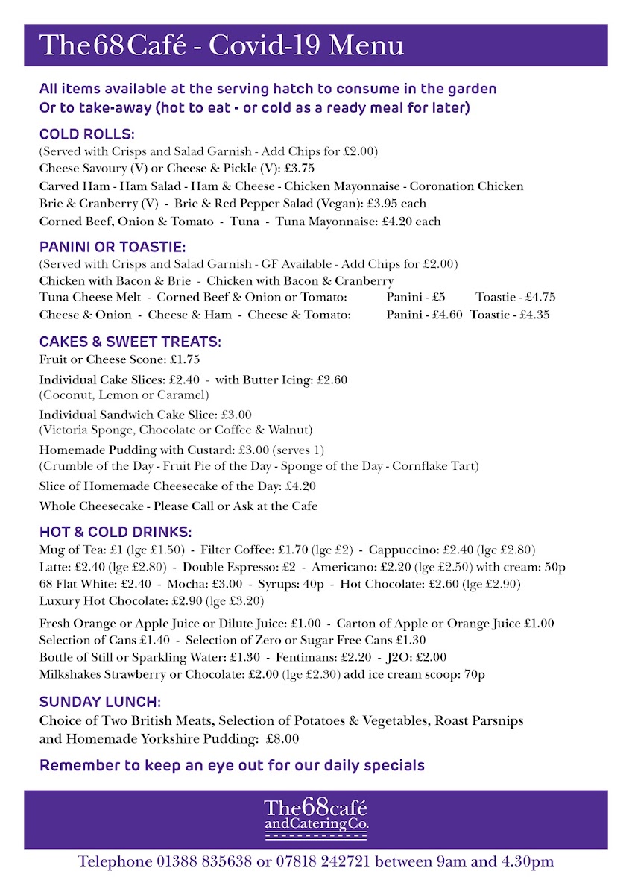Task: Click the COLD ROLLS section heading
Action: point(86,134)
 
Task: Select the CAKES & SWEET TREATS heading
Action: point(130,342)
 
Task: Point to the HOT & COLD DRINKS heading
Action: point(116,533)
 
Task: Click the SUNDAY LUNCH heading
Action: point(100,702)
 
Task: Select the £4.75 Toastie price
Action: point(537,297)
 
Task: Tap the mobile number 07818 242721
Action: point(320,862)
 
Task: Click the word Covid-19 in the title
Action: point(265,45)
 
